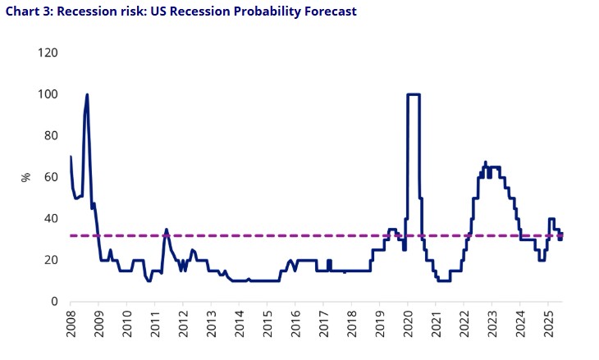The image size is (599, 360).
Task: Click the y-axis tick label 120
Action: pos(47,52)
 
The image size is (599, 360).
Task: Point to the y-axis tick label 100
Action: pos(47,94)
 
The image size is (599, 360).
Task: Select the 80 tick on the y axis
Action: pos(50,135)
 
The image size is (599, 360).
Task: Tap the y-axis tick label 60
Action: pos(50,177)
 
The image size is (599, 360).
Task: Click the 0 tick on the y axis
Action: pos(53,301)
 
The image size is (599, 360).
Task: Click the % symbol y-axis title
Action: pos(26,177)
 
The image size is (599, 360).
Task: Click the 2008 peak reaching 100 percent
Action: pos(87,95)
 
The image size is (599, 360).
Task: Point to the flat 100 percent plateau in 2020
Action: pos(414,94)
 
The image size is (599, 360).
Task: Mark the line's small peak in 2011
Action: pos(166,230)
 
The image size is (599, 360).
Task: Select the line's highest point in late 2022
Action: pos(485,162)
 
